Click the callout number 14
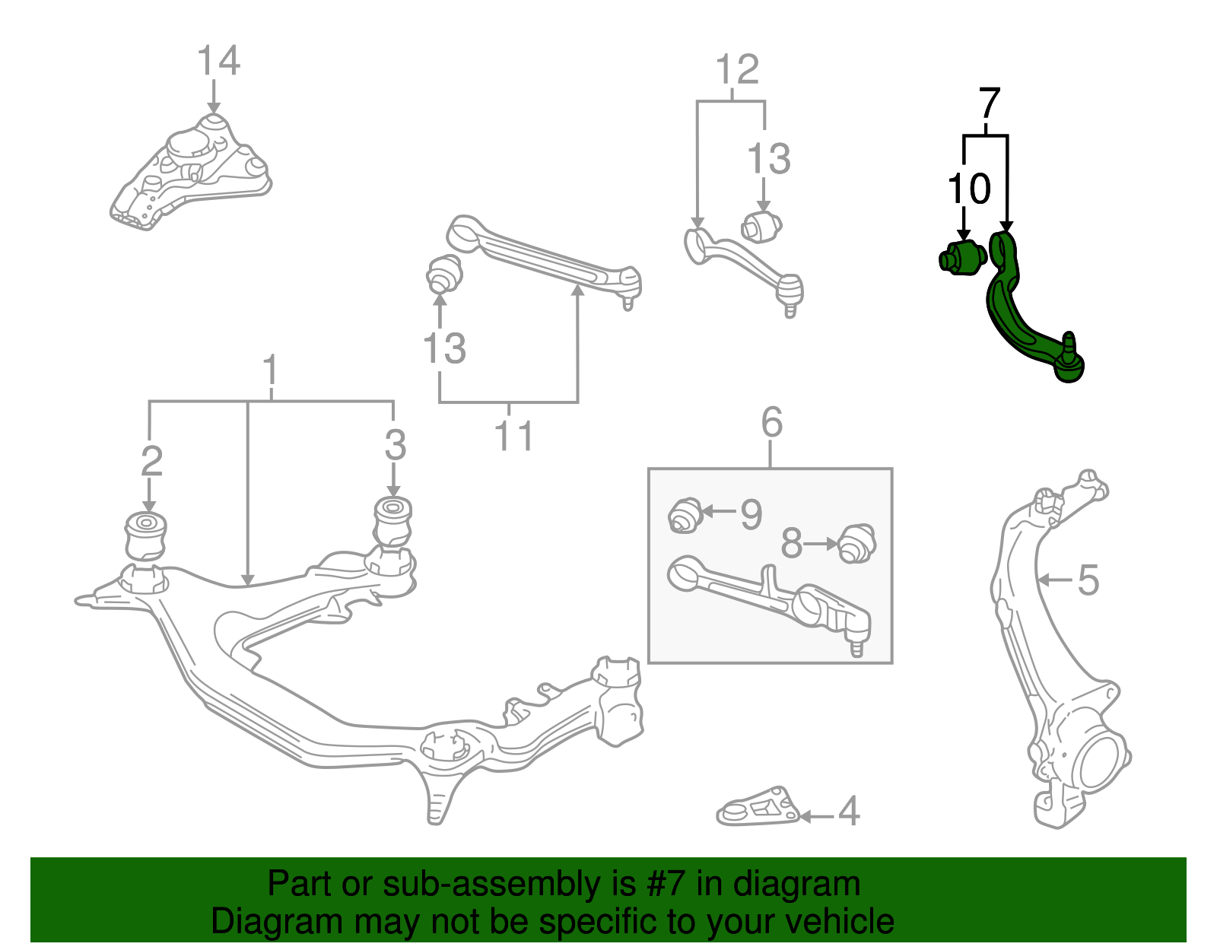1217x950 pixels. pos(218,61)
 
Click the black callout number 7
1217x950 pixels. pos(988,103)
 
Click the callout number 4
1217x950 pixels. pos(849,812)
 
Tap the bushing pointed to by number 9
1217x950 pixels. pos(685,515)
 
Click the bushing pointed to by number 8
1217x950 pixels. pos(857,543)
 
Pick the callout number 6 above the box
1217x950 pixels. pos(771,422)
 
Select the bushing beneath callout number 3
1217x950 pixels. pos(393,520)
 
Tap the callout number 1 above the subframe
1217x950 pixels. pos(270,372)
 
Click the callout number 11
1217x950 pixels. pos(513,437)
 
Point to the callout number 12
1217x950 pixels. pos(737,70)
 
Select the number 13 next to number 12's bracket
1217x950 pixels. pos(768,160)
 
